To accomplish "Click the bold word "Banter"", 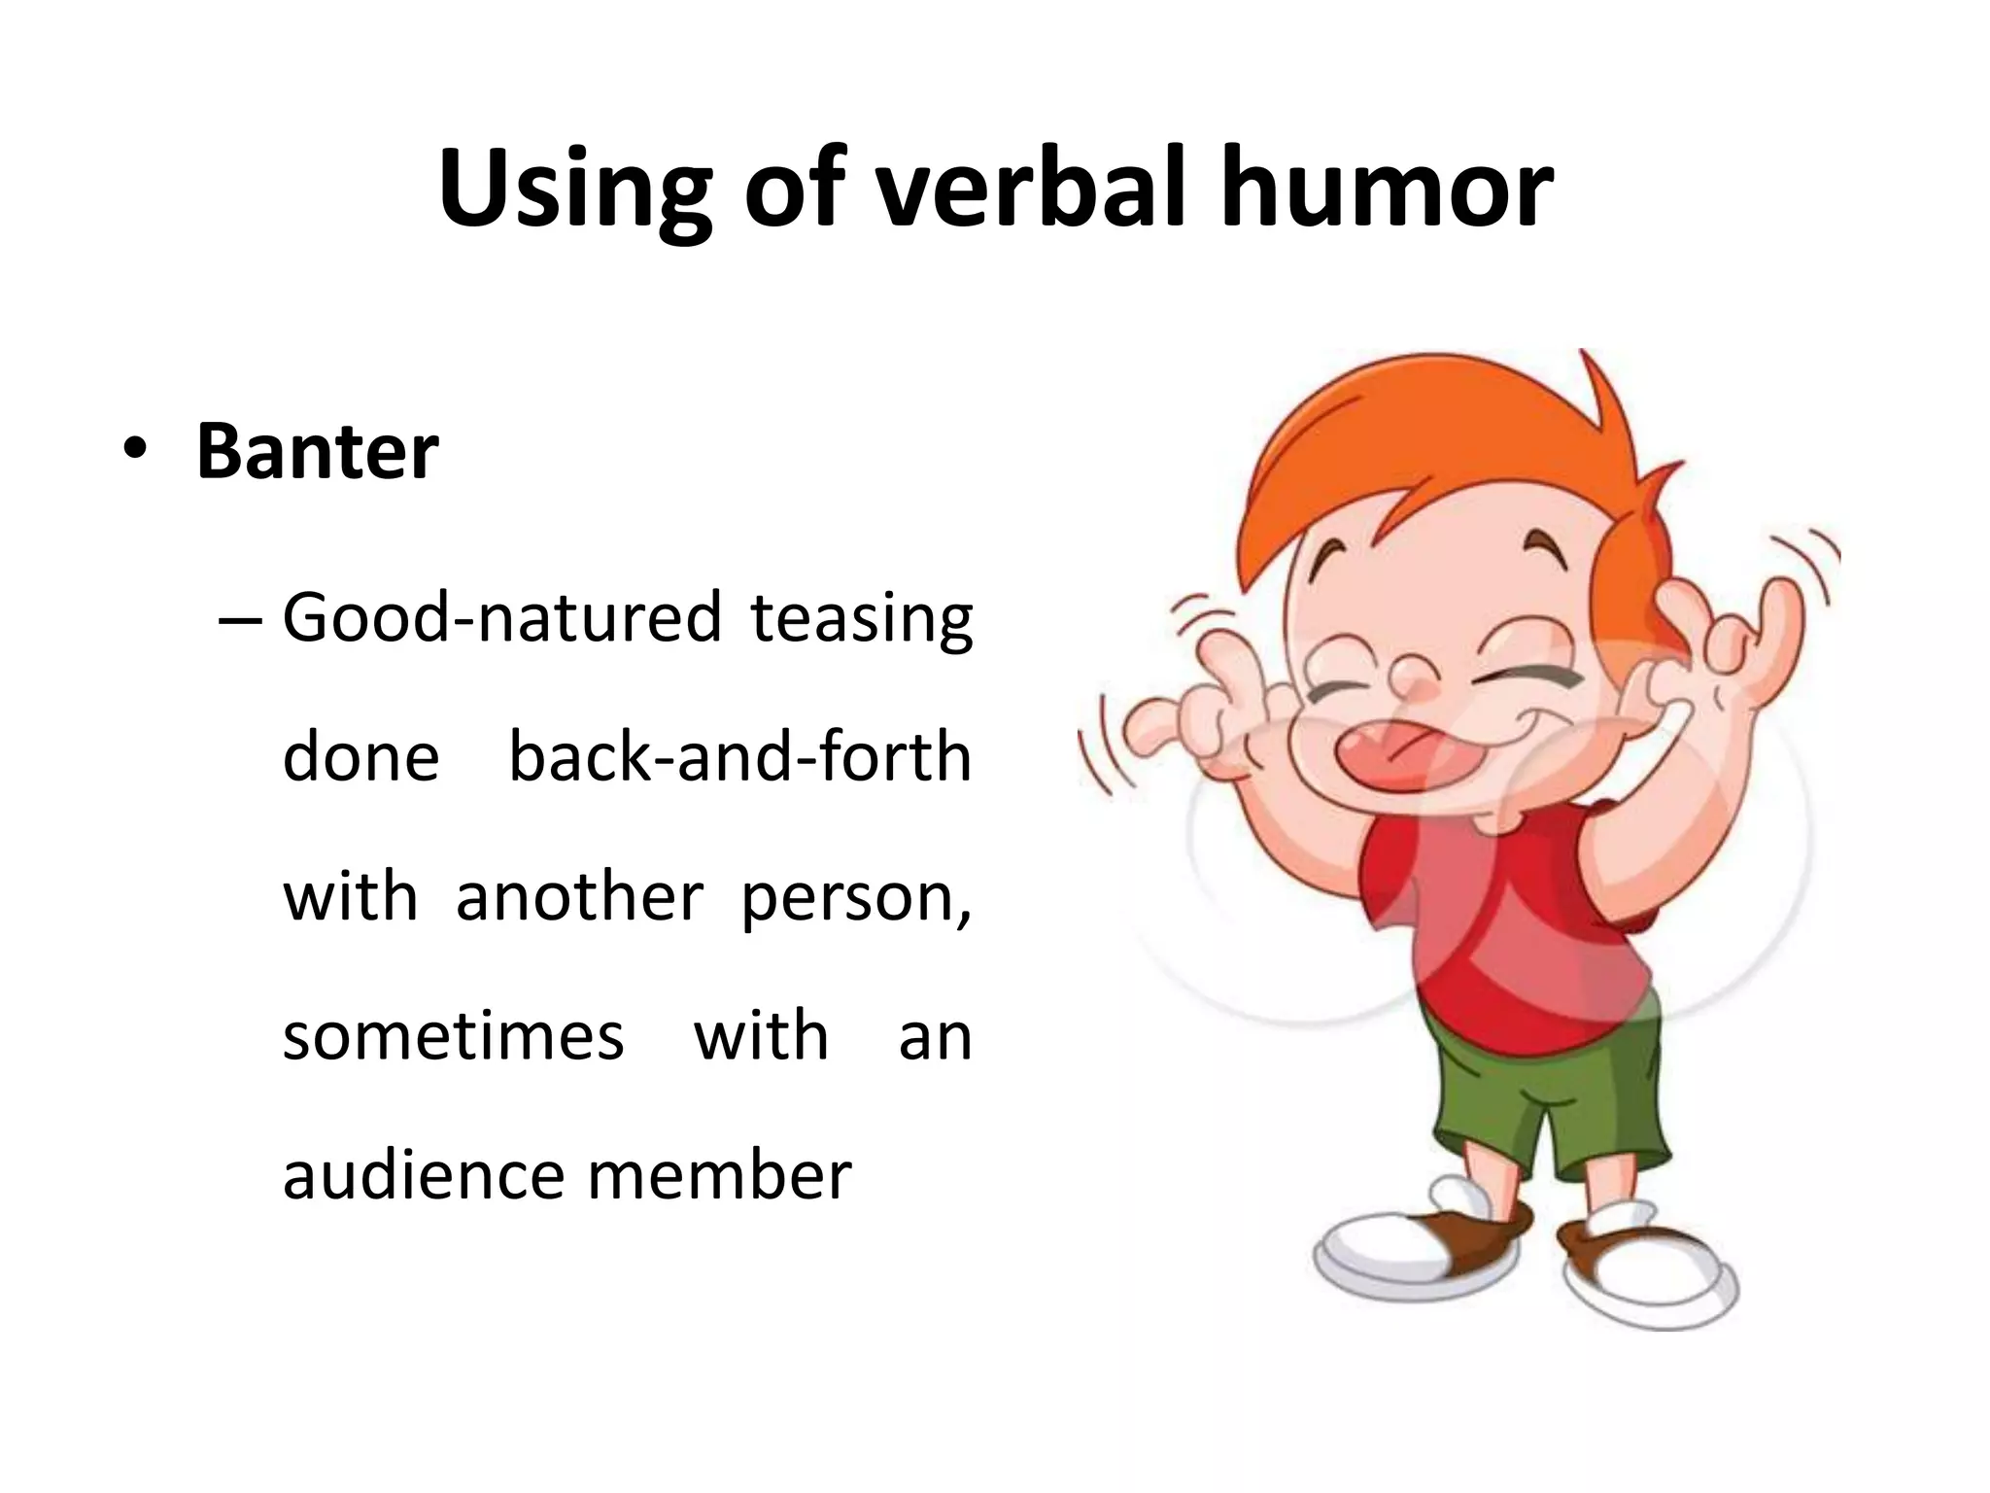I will click(x=318, y=451).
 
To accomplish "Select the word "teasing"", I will click(x=861, y=619).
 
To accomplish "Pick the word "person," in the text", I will click(x=856, y=898).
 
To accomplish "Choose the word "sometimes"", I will click(x=453, y=1036).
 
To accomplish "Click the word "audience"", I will click(x=422, y=1175).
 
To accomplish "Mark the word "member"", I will click(x=719, y=1175).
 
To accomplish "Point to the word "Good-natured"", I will click(x=501, y=619).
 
